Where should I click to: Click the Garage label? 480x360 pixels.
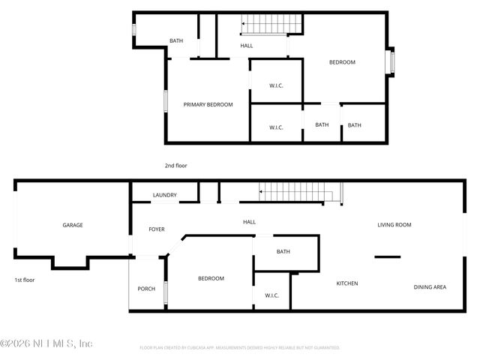[73, 225]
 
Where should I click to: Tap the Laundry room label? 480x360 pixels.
[165, 195]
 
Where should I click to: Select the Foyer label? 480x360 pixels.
[157, 229]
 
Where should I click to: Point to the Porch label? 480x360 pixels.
[146, 289]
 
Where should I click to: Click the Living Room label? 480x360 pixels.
[394, 224]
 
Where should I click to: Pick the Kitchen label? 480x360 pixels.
[346, 283]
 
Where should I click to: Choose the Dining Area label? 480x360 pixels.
[430, 287]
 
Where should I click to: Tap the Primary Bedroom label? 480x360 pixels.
[208, 104]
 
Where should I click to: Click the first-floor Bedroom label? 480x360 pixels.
[211, 278]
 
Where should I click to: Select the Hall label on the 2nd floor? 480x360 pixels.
[247, 46]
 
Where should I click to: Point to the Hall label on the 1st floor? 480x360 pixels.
[250, 222]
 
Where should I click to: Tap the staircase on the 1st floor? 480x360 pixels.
[295, 193]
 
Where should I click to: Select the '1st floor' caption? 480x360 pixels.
[24, 280]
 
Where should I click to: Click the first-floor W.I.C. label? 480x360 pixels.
[271, 295]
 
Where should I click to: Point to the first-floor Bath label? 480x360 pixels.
[283, 252]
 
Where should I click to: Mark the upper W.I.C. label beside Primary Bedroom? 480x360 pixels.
[276, 85]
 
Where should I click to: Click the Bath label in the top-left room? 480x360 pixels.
[176, 40]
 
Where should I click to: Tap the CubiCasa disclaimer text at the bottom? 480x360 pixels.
[240, 348]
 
